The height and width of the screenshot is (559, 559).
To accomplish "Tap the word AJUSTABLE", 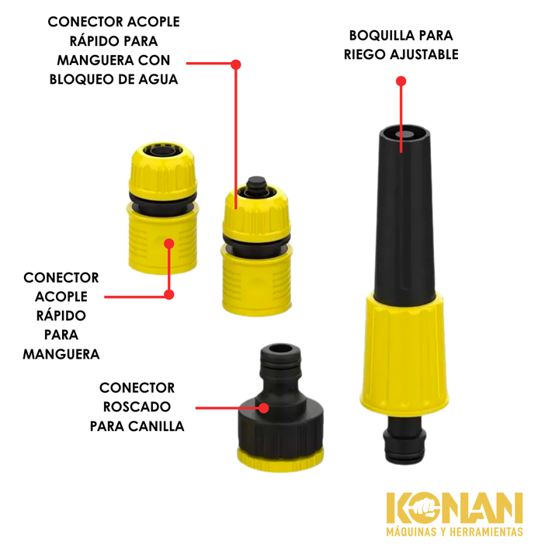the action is [x=424, y=54].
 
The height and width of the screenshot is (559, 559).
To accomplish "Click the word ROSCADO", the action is [x=137, y=407].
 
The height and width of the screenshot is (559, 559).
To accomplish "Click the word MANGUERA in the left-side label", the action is [x=61, y=354].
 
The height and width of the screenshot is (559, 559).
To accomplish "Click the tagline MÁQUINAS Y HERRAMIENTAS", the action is [x=454, y=532].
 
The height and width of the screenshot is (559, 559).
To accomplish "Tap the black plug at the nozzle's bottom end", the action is [x=404, y=440].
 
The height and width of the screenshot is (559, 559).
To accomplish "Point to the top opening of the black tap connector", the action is [x=280, y=349].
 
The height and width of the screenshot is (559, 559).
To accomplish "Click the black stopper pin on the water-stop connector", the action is [x=257, y=184].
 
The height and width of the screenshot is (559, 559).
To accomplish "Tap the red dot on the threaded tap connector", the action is [x=263, y=408].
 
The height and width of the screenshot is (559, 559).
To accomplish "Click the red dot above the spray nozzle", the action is [x=401, y=82].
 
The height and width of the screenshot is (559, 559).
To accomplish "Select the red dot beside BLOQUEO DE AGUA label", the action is [x=236, y=64].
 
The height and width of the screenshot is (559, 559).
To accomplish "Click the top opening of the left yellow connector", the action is [x=161, y=151].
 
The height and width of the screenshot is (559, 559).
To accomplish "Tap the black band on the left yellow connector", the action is [x=162, y=205].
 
